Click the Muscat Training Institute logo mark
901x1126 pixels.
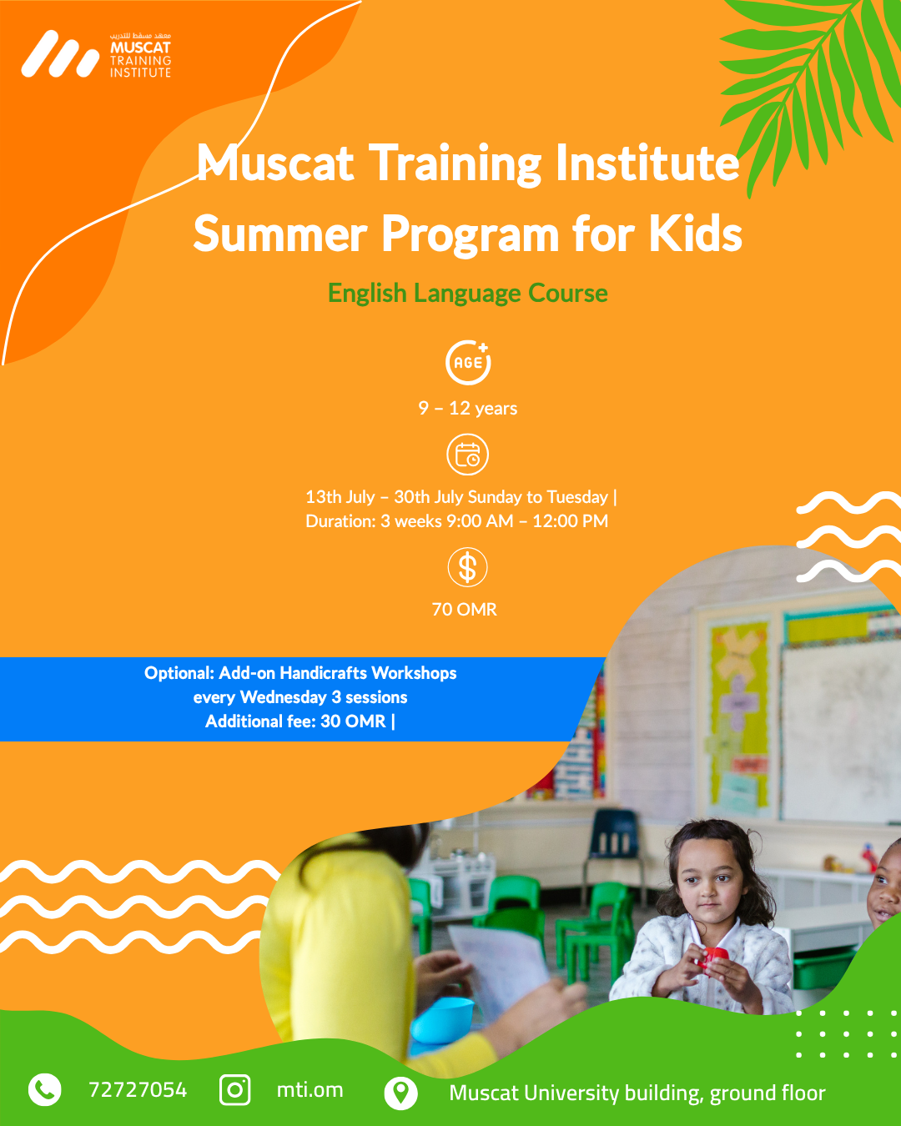pyautogui.click(x=60, y=54)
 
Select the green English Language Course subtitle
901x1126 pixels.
pyautogui.click(x=467, y=293)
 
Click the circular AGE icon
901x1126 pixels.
pyautogui.click(x=468, y=362)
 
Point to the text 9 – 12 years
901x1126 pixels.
pyautogui.click(x=467, y=408)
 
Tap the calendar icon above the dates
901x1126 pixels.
pyautogui.click(x=467, y=455)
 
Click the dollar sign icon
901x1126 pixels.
pyautogui.click(x=467, y=567)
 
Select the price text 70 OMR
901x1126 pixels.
pyautogui.click(x=465, y=609)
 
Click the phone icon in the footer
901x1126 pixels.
pyautogui.click(x=44, y=1089)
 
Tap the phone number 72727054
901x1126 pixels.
pyautogui.click(x=138, y=1089)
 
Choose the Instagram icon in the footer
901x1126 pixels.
pyautogui.click(x=234, y=1090)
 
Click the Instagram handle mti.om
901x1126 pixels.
pyautogui.click(x=310, y=1090)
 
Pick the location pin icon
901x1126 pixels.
pyautogui.click(x=400, y=1093)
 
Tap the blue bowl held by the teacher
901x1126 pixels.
pyautogui.click(x=443, y=1018)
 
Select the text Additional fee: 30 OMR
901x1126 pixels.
pyautogui.click(x=296, y=721)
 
